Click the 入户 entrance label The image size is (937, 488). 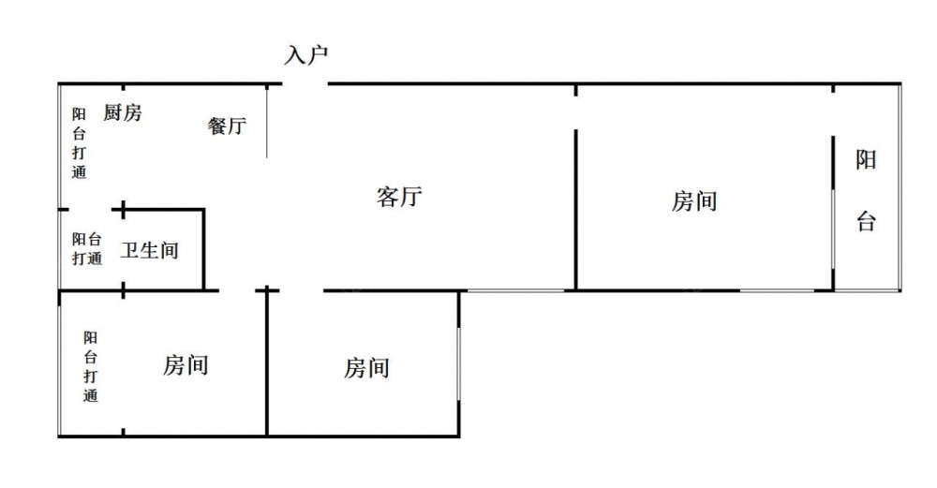[x=305, y=55]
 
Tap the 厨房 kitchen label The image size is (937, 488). [x=123, y=113]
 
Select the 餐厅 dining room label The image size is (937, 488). [x=227, y=126]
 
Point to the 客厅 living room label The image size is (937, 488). [x=400, y=197]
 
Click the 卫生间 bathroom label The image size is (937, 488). [x=150, y=251]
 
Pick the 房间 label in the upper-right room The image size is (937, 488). [x=694, y=200]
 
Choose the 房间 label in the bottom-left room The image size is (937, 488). [x=186, y=365]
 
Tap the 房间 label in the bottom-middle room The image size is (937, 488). [x=366, y=368]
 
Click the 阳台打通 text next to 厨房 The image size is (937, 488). [x=80, y=143]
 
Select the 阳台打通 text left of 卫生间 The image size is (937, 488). [x=87, y=249]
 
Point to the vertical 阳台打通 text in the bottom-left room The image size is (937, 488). [x=90, y=366]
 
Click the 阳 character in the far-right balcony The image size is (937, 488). [x=867, y=160]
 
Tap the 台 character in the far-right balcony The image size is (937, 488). [x=867, y=223]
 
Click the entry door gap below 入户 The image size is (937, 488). [x=305, y=84]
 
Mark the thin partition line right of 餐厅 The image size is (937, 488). [x=268, y=122]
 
